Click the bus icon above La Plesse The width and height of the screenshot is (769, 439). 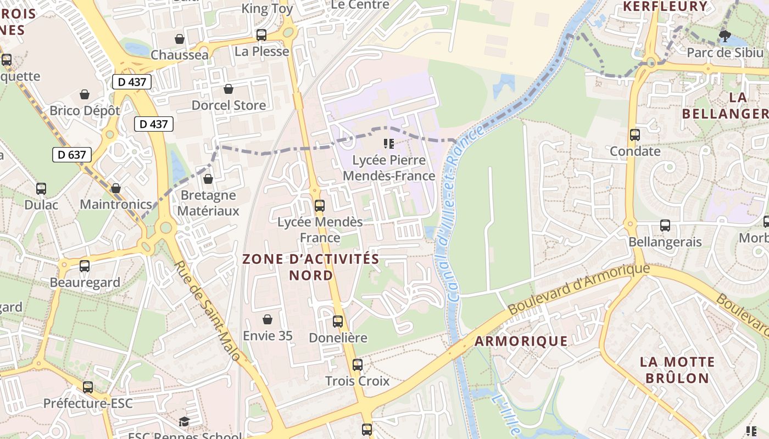pos(261,35)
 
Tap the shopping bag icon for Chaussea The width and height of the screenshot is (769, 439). pos(179,39)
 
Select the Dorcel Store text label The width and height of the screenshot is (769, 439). pos(229,105)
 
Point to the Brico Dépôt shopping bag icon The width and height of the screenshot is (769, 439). pos(85,95)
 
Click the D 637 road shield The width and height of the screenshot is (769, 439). pos(72,155)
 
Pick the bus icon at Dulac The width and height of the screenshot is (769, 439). pos(41,189)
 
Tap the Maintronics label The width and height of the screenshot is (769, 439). pos(116,205)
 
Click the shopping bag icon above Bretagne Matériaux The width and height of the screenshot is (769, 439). pos(208,179)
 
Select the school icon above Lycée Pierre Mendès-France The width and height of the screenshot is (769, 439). pos(389,144)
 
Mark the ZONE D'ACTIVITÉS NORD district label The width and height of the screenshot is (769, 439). pos(311,267)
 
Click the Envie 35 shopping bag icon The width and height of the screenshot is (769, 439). pos(268,319)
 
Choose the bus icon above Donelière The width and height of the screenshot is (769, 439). pos(338,322)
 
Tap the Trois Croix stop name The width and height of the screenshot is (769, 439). pos(357,381)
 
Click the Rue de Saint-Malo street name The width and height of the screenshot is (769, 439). pos(208,311)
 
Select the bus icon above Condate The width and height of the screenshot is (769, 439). pos(635,134)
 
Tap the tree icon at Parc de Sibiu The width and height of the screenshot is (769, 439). pos(725,36)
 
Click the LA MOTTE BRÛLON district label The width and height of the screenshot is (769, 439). pos(677,370)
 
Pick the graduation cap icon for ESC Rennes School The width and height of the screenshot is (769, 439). pos(184,421)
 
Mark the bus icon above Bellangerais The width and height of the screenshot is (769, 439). pos(665,225)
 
